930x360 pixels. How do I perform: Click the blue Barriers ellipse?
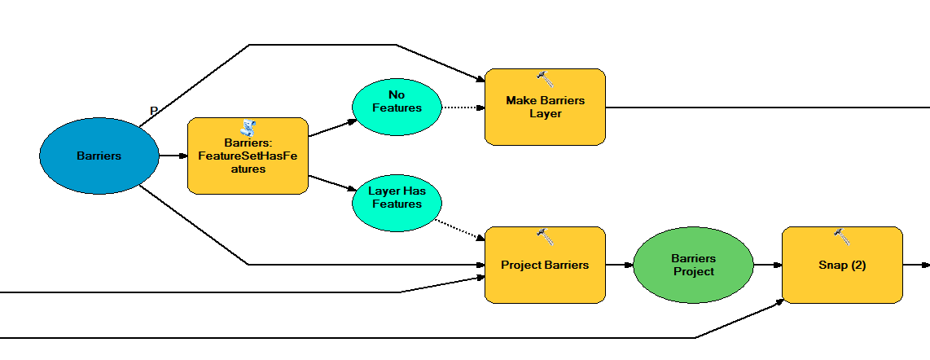[x=99, y=156]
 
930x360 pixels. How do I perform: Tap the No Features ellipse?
[x=397, y=107]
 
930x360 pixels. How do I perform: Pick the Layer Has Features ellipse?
[x=397, y=203]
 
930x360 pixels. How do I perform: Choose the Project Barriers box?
[x=545, y=265]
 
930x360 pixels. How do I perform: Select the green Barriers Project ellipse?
[x=693, y=265]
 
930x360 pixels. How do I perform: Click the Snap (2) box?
[x=842, y=265]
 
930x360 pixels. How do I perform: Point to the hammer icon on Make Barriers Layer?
[x=545, y=78]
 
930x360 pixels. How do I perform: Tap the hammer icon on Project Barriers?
[x=545, y=236]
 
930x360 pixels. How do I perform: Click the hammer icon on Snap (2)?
[x=842, y=236]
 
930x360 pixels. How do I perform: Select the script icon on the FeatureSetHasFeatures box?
[x=248, y=126]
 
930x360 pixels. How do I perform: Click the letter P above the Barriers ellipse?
[x=154, y=111]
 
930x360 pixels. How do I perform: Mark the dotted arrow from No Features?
[x=463, y=107]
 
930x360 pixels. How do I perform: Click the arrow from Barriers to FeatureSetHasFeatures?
[x=173, y=156]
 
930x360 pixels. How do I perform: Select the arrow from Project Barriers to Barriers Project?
[x=619, y=265]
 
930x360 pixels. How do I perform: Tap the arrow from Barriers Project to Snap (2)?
[x=767, y=265]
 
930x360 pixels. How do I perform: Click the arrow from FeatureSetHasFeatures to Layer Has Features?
[x=332, y=182]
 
